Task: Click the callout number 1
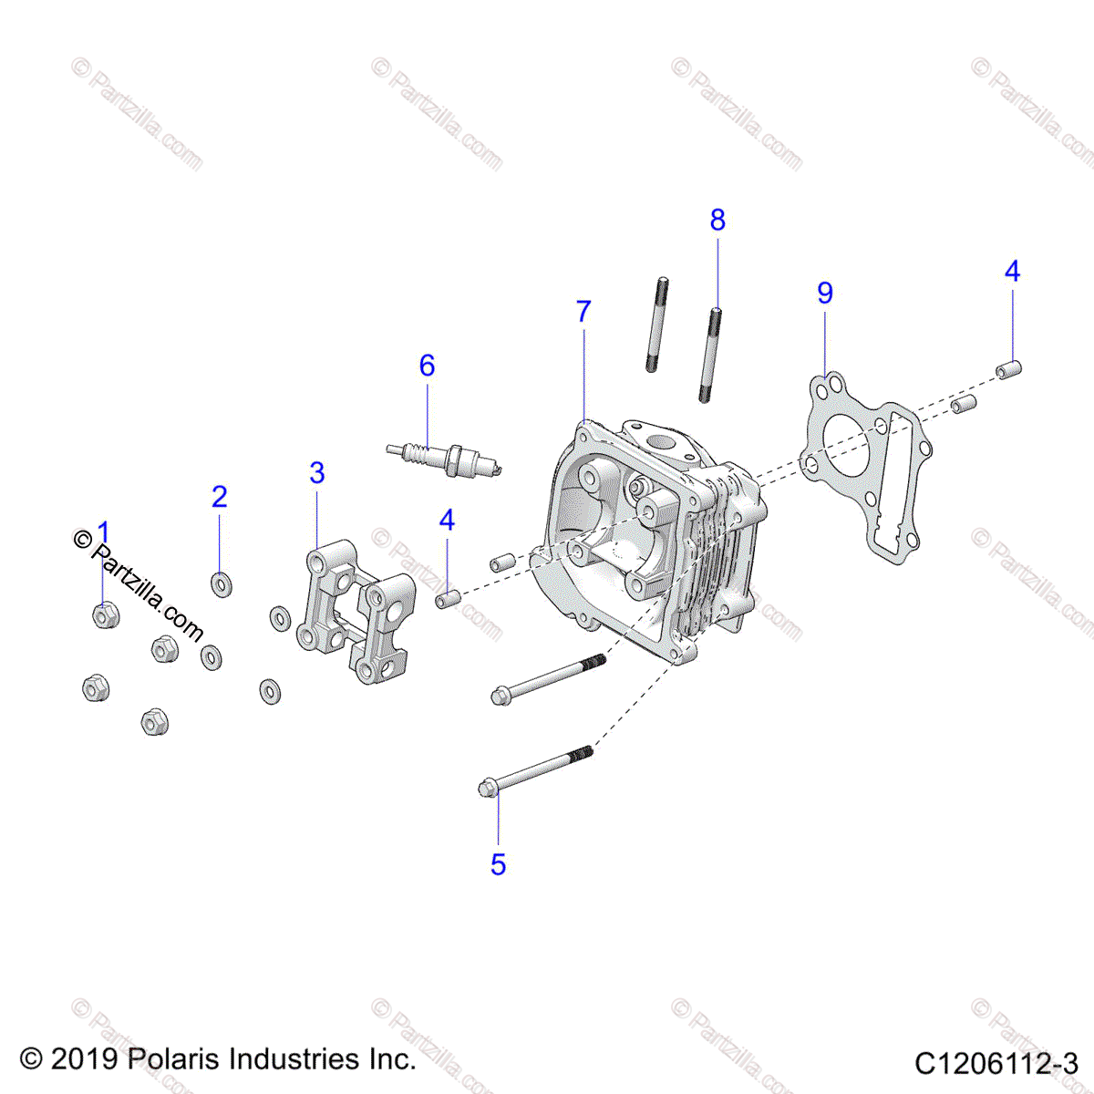103,532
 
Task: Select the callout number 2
219,497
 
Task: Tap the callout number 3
316,473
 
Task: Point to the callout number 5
498,864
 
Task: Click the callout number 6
427,366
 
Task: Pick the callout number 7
583,311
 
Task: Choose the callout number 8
717,220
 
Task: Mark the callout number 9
825,293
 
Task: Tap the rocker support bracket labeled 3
351,611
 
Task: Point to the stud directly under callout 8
711,356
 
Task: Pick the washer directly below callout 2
221,583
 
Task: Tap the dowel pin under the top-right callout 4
1009,370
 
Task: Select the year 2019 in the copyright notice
84,1059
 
